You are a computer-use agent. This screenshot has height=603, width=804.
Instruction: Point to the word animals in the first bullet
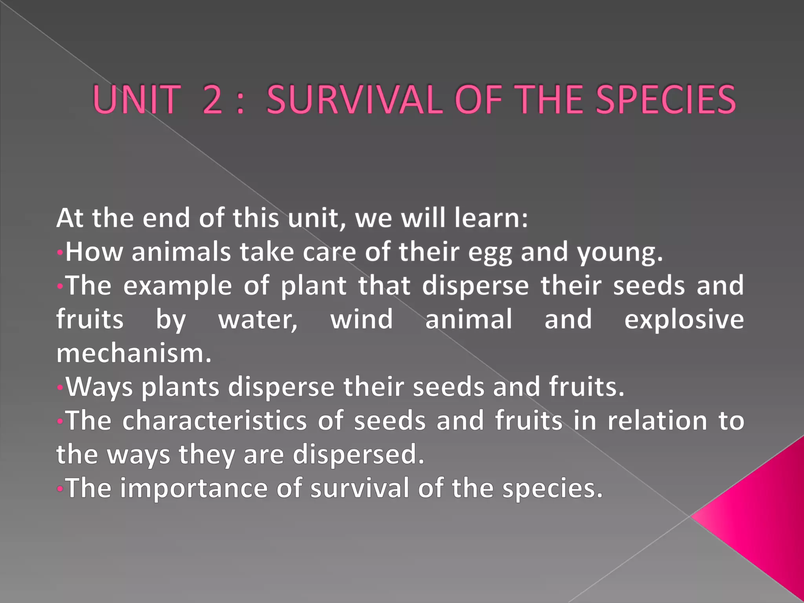coord(181,252)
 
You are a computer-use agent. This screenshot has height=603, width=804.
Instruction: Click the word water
coord(258,320)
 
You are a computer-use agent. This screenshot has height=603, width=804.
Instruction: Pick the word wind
coord(362,319)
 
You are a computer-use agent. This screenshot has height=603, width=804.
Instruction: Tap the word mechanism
coord(133,353)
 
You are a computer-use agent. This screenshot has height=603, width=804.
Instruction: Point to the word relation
coord(657,421)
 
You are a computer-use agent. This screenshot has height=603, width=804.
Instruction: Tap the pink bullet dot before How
coord(60,252)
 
